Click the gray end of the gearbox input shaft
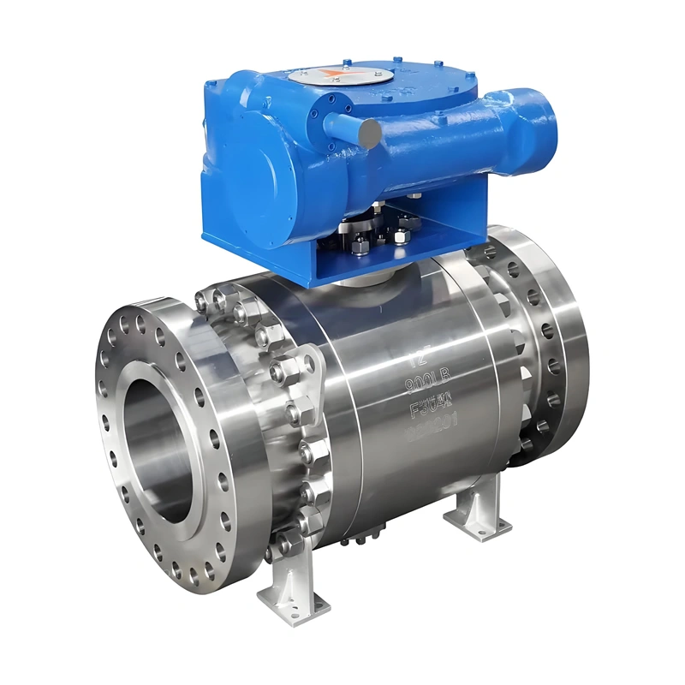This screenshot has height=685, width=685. [x=370, y=133]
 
